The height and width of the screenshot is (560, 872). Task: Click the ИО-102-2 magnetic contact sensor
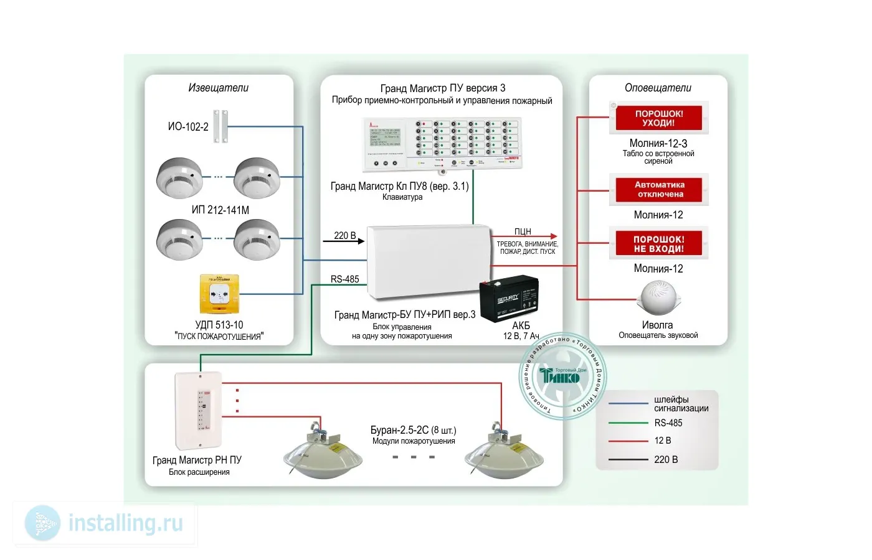(x=220, y=126)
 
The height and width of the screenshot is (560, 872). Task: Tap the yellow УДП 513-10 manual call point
(x=219, y=294)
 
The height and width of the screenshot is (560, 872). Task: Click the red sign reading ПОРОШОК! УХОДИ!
(x=659, y=118)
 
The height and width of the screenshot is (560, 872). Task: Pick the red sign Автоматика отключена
(x=659, y=190)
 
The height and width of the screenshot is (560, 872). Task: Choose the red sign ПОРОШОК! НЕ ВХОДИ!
(x=659, y=244)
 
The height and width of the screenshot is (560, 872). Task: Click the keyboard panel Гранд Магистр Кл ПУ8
(x=441, y=144)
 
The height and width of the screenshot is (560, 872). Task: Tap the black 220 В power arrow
(x=344, y=241)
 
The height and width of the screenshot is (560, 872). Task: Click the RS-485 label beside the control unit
(x=344, y=279)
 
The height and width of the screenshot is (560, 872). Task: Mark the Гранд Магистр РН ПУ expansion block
(x=198, y=410)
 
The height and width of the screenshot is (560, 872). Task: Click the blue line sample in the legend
(x=628, y=404)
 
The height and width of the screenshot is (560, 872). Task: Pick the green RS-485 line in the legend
(x=628, y=423)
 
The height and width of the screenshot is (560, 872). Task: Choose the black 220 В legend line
(x=628, y=460)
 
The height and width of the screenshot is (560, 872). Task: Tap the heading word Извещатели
(x=218, y=88)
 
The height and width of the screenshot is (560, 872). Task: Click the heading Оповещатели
(x=658, y=88)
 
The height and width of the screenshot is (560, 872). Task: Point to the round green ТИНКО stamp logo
(x=562, y=376)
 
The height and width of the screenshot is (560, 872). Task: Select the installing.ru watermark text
(x=125, y=523)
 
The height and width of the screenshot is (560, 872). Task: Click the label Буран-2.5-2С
(x=399, y=430)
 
